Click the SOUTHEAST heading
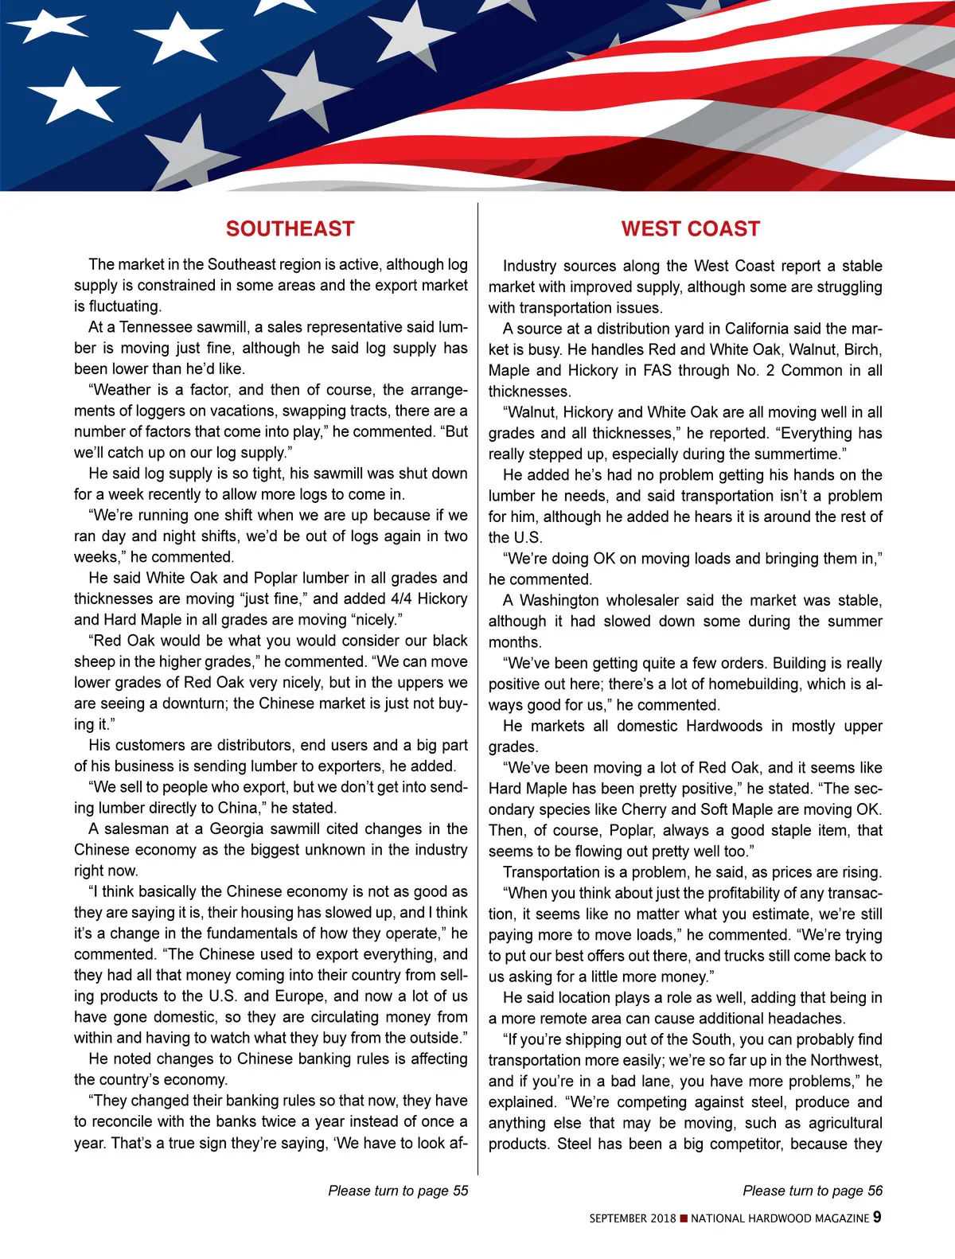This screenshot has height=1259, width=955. [290, 229]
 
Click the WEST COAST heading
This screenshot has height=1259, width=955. [690, 229]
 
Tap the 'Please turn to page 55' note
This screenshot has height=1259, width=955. [398, 1191]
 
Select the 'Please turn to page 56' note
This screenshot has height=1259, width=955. [813, 1191]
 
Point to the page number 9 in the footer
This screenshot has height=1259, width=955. [877, 1217]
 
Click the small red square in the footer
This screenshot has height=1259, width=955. [684, 1218]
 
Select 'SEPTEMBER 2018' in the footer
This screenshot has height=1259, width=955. [633, 1218]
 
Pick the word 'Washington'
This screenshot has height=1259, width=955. [559, 600]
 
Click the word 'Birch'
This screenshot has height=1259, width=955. [862, 349]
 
